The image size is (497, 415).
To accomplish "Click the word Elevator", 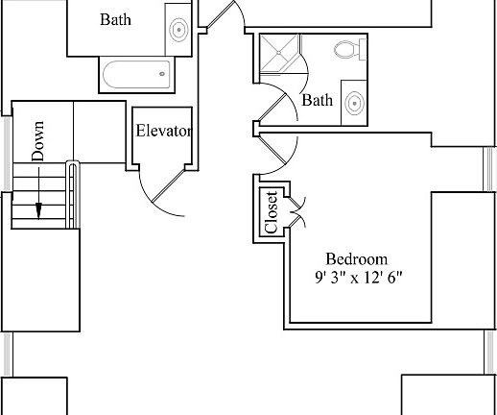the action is click(x=164, y=131).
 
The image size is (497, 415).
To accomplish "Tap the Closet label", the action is click(x=272, y=212).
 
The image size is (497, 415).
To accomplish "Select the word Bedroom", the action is click(x=357, y=259).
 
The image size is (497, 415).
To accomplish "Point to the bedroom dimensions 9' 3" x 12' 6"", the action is click(x=358, y=278).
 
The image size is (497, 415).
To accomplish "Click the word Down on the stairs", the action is click(x=37, y=141).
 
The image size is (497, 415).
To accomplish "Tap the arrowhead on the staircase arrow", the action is click(x=38, y=211).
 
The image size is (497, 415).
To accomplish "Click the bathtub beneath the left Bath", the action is click(x=136, y=75).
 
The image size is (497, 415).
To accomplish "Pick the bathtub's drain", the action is click(x=162, y=74).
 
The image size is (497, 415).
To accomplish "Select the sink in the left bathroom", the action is click(x=178, y=30).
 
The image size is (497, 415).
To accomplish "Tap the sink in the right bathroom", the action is click(x=355, y=103).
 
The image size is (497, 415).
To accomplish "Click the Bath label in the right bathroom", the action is click(x=318, y=100).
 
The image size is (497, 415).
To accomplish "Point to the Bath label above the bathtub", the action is click(x=115, y=19).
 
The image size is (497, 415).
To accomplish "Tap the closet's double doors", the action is click(x=297, y=212).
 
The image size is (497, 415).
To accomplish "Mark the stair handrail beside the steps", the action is click(x=73, y=195).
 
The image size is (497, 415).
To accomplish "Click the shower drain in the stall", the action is click(x=279, y=53).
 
